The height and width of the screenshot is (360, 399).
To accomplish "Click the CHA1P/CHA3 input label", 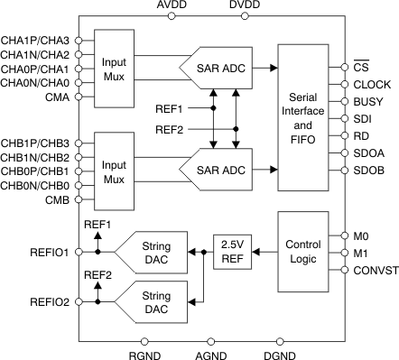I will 35,41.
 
